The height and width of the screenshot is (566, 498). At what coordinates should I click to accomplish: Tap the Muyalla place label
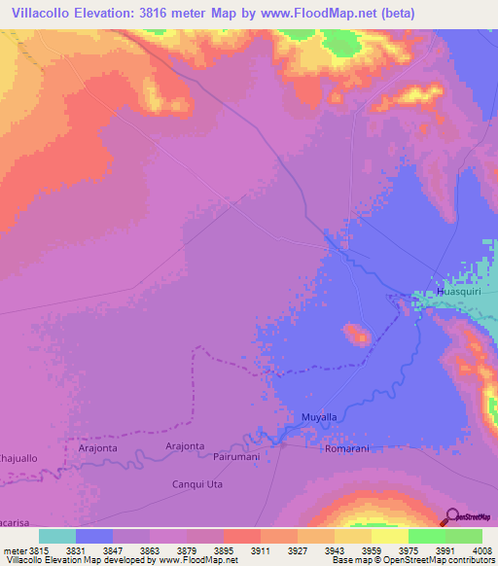(319, 417)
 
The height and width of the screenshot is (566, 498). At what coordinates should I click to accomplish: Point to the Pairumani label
(236, 455)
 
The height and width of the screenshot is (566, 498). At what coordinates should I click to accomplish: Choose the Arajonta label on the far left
(97, 448)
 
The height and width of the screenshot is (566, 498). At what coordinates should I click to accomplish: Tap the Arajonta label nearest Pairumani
(185, 445)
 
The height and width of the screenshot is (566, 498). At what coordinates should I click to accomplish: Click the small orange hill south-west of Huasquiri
(356, 335)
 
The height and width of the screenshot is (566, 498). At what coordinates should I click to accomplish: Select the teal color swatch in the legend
(56, 536)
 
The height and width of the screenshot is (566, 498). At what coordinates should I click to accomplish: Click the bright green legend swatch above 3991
(426, 536)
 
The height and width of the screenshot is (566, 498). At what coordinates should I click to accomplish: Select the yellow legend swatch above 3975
(389, 536)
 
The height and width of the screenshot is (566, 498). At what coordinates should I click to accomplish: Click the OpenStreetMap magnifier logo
(452, 516)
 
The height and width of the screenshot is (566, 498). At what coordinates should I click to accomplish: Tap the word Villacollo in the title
(47, 14)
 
